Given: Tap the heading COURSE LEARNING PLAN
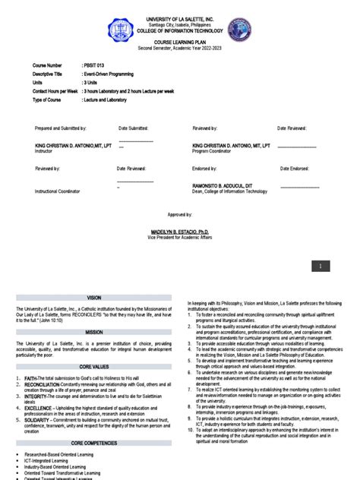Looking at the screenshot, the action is tap(180, 43).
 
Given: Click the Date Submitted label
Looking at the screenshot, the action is tap(134, 129).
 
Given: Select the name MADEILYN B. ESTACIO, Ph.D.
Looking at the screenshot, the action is tap(179, 229).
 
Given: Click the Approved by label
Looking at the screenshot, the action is tap(179, 215).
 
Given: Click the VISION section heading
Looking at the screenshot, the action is tap(93, 298).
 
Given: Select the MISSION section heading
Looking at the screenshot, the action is tap(93, 332).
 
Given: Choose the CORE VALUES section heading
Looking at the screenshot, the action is tap(93, 366).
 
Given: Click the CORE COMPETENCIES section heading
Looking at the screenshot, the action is tap(93, 441).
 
